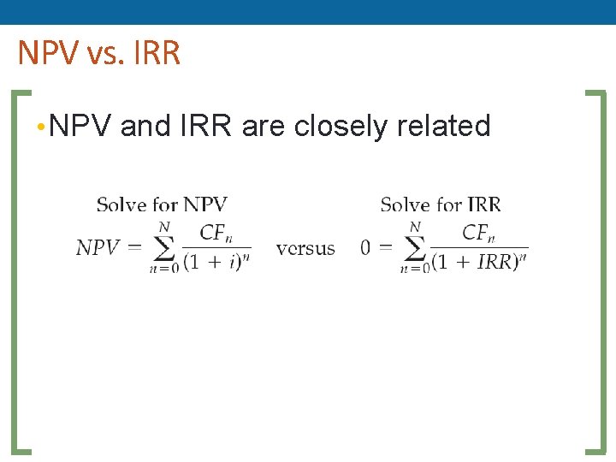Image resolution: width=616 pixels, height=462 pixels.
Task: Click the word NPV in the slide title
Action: tap(48, 53)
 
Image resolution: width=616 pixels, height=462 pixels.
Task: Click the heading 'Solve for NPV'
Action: tap(162, 204)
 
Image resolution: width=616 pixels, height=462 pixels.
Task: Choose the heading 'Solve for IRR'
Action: tap(441, 204)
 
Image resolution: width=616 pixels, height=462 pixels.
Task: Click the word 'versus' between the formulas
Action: tap(305, 248)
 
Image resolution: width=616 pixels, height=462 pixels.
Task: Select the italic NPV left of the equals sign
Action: tap(98, 248)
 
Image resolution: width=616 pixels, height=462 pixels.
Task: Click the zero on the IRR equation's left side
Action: tap(365, 248)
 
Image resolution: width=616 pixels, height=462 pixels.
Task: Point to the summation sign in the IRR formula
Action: tap(414, 247)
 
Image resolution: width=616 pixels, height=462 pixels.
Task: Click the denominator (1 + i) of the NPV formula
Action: tap(216, 262)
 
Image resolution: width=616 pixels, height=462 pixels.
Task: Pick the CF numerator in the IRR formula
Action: tap(477, 233)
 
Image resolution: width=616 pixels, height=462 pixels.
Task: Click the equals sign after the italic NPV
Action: tap(135, 248)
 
